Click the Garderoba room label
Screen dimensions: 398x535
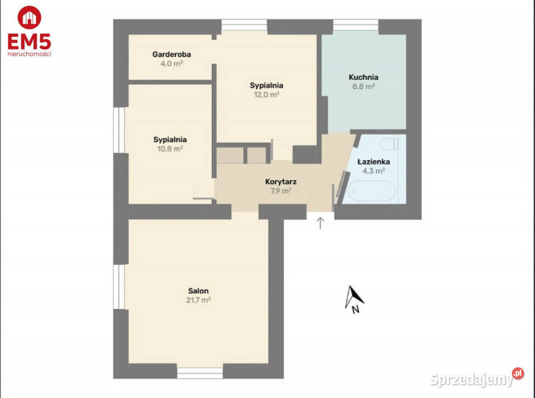tap(171, 55)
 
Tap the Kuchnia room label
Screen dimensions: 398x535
tap(363, 77)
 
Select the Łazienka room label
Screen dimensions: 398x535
tap(373, 162)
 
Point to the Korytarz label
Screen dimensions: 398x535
tap(280, 181)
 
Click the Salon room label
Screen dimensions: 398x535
tap(198, 291)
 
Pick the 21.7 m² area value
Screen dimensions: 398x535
tap(198, 300)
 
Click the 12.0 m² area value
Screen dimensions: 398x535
tap(266, 95)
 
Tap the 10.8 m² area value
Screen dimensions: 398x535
tap(170, 149)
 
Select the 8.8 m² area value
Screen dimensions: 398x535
tap(363, 87)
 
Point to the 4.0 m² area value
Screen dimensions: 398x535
tap(171, 63)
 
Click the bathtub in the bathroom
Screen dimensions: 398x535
tap(371, 191)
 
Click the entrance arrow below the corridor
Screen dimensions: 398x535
tap(320, 223)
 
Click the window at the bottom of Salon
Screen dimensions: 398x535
tap(200, 372)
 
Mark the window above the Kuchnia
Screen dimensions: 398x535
tap(356, 26)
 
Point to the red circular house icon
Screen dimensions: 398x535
tap(28, 17)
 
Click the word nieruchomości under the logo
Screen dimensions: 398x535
tap(28, 54)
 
